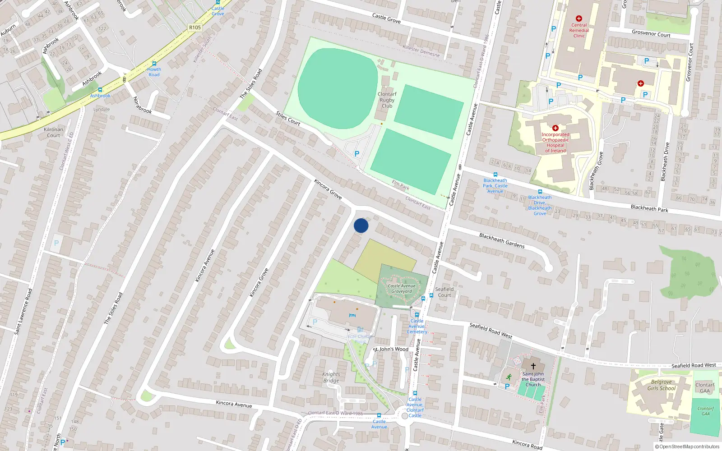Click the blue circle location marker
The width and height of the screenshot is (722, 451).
(x=361, y=225)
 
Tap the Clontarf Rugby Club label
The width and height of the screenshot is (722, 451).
(x=387, y=100)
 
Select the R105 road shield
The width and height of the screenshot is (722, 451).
(x=195, y=28)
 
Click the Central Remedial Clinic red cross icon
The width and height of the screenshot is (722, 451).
(x=579, y=18)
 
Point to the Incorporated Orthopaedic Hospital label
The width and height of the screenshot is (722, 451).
(x=555, y=143)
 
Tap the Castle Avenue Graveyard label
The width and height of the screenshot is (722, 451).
(x=402, y=289)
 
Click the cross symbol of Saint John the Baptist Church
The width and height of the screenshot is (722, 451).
(x=533, y=366)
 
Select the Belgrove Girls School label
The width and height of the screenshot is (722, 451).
(x=662, y=385)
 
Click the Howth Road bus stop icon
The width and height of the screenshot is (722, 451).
(x=154, y=64)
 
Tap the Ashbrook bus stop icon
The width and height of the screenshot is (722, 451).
(x=100, y=90)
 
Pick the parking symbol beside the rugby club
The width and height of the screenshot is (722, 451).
(x=357, y=154)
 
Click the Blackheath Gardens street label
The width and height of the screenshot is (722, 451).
(x=502, y=240)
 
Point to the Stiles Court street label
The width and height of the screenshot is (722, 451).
(x=288, y=119)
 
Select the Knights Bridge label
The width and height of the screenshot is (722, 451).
(x=331, y=377)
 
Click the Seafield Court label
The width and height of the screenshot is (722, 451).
(x=444, y=292)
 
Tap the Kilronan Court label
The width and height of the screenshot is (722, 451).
(x=53, y=133)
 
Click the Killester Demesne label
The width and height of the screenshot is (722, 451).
(x=421, y=51)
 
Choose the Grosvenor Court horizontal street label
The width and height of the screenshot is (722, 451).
(x=651, y=33)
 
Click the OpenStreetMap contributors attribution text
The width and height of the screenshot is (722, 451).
(x=687, y=447)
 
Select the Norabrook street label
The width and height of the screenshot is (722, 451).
(x=142, y=105)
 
